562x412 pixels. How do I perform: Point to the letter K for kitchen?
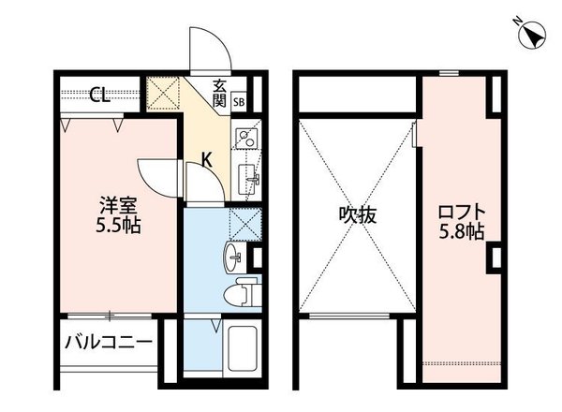click(208, 160)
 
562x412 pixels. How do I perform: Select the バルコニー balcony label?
click(108, 342)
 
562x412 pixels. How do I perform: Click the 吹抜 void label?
click(357, 214)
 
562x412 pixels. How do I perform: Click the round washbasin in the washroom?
click(234, 256)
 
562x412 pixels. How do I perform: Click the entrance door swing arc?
click(204, 45)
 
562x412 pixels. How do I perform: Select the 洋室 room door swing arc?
click(155, 172)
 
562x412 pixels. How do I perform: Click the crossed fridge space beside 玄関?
click(166, 94)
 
